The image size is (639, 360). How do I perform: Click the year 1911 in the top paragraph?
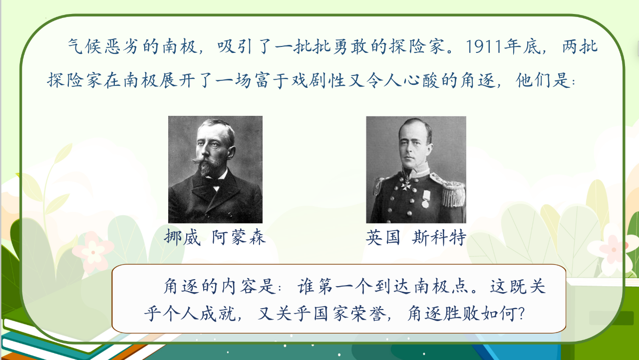tap(484, 46)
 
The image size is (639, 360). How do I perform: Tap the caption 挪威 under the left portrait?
tap(182, 237)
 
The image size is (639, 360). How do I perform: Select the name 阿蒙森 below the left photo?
tap(239, 237)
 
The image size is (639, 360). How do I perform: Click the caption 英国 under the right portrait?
tap(383, 237)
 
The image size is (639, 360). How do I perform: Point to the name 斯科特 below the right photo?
tap(439, 237)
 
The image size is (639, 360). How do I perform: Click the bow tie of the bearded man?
tap(215, 183)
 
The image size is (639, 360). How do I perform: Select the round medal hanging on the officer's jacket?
tap(425, 204)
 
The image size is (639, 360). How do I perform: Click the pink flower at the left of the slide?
tap(92, 251)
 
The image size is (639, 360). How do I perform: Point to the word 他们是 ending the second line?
tap(544, 80)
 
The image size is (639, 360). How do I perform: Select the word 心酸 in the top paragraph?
tap(421, 80)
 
